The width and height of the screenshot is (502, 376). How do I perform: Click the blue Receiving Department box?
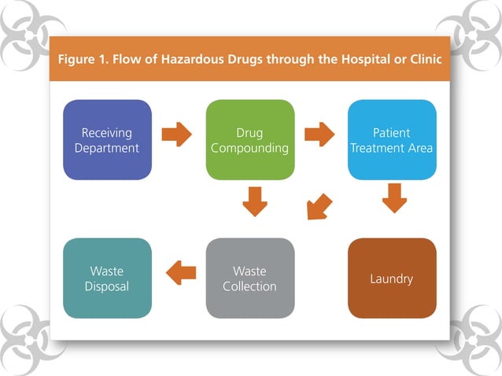pyautogui.click(x=107, y=139)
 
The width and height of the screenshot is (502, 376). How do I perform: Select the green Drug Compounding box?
pyautogui.click(x=249, y=139)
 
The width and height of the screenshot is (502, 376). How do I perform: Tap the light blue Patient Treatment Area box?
pyautogui.click(x=392, y=139)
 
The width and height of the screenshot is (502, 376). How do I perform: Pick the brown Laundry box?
pyautogui.click(x=392, y=278)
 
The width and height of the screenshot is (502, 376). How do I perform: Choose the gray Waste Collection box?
pyautogui.click(x=249, y=278)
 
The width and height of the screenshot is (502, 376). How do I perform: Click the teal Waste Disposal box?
pyautogui.click(x=107, y=278)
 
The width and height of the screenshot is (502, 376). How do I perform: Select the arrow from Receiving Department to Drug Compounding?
pyautogui.click(x=177, y=134)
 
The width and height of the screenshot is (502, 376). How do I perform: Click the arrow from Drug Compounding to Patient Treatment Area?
pyautogui.click(x=319, y=134)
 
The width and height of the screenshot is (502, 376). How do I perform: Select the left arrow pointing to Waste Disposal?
pyautogui.click(x=181, y=273)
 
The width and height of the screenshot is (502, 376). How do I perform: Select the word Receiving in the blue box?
pyautogui.click(x=107, y=132)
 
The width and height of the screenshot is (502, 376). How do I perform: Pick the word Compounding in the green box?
pyautogui.click(x=249, y=147)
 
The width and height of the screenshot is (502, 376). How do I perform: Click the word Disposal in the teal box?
pyautogui.click(x=107, y=286)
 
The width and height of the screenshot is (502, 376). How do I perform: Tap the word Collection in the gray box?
pyautogui.click(x=249, y=286)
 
